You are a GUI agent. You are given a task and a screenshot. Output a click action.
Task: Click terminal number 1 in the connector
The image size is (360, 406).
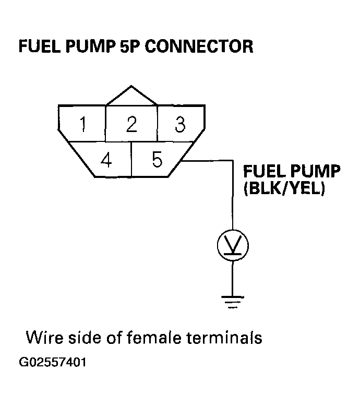[83, 124]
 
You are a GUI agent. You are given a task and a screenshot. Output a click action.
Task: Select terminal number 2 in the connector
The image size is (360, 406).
[131, 124]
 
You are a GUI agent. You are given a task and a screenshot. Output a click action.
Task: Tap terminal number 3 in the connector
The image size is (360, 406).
[180, 124]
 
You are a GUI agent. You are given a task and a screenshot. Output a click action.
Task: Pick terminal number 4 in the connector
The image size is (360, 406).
[106, 160]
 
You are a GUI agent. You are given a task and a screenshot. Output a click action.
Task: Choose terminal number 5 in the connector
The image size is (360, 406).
[157, 159]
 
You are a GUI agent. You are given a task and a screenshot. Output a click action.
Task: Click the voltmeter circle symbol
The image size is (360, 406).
[233, 245]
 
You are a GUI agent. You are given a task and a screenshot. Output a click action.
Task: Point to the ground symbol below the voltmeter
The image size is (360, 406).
[232, 302]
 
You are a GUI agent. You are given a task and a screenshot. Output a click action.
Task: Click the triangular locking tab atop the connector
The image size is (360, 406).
[131, 95]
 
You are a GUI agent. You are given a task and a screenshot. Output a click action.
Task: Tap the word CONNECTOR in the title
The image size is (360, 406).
[199, 46]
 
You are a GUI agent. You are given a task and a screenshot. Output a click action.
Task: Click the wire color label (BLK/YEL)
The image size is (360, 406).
[284, 188]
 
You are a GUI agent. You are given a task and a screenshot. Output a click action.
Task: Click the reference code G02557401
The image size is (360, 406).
[53, 362]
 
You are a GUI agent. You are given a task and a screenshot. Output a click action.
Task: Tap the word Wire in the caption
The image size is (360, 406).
[44, 338]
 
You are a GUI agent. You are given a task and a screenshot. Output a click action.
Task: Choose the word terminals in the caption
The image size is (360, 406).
[224, 338]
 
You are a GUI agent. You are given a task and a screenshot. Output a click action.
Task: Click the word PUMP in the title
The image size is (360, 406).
[90, 46]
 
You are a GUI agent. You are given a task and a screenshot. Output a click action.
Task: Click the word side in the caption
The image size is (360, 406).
[86, 338]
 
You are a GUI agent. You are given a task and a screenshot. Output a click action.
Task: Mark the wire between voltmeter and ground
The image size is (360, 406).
[232, 279]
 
